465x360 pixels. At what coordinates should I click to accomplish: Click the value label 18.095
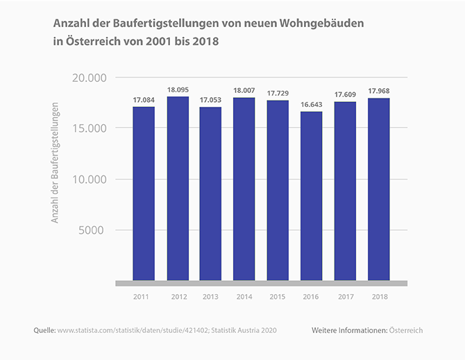pos(177,90)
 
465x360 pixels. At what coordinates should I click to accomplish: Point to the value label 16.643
pos(312,105)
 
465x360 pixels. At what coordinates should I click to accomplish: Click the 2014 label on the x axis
pos(244,296)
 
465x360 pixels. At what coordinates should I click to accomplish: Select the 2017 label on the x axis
pos(345,296)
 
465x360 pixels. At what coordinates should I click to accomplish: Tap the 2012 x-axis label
pos(177,296)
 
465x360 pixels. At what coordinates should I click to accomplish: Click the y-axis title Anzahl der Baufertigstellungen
pos(56,163)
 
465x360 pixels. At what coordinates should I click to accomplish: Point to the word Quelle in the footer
pos(44,330)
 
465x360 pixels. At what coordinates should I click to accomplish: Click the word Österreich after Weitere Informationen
pos(406,330)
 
